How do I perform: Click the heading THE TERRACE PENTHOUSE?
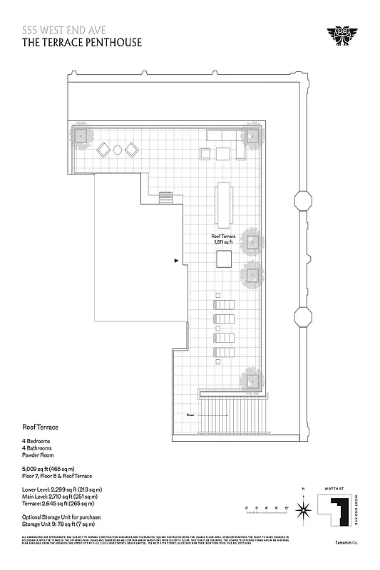click(x=82, y=42)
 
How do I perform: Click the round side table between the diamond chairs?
click(x=118, y=150)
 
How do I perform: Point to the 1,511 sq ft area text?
click(x=224, y=242)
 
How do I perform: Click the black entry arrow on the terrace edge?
click(x=176, y=261)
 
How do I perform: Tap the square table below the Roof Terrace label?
click(x=224, y=258)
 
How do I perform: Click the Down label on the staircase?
click(x=190, y=415)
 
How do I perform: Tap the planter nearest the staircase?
click(x=252, y=378)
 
